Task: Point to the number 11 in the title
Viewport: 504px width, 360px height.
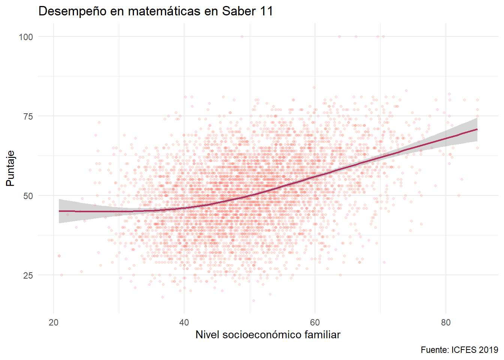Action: point(266,11)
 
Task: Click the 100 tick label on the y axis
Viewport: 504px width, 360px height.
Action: point(26,37)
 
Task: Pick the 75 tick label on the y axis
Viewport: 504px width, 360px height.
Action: point(28,116)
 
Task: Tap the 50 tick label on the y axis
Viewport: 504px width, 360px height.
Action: point(28,196)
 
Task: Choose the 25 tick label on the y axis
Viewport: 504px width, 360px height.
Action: point(28,275)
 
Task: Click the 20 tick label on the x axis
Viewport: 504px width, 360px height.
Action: point(54,322)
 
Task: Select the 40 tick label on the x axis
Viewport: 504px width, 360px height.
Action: point(184,322)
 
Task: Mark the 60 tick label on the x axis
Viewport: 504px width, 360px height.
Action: point(315,322)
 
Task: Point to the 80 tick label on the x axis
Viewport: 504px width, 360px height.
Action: point(445,322)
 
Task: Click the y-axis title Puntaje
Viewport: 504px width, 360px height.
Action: point(10,168)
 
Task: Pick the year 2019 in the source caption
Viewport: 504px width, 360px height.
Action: point(489,350)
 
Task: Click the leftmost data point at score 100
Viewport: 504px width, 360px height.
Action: point(242,36)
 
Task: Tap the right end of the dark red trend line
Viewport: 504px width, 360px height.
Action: point(477,129)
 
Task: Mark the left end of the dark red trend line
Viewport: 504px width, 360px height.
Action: point(59,211)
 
